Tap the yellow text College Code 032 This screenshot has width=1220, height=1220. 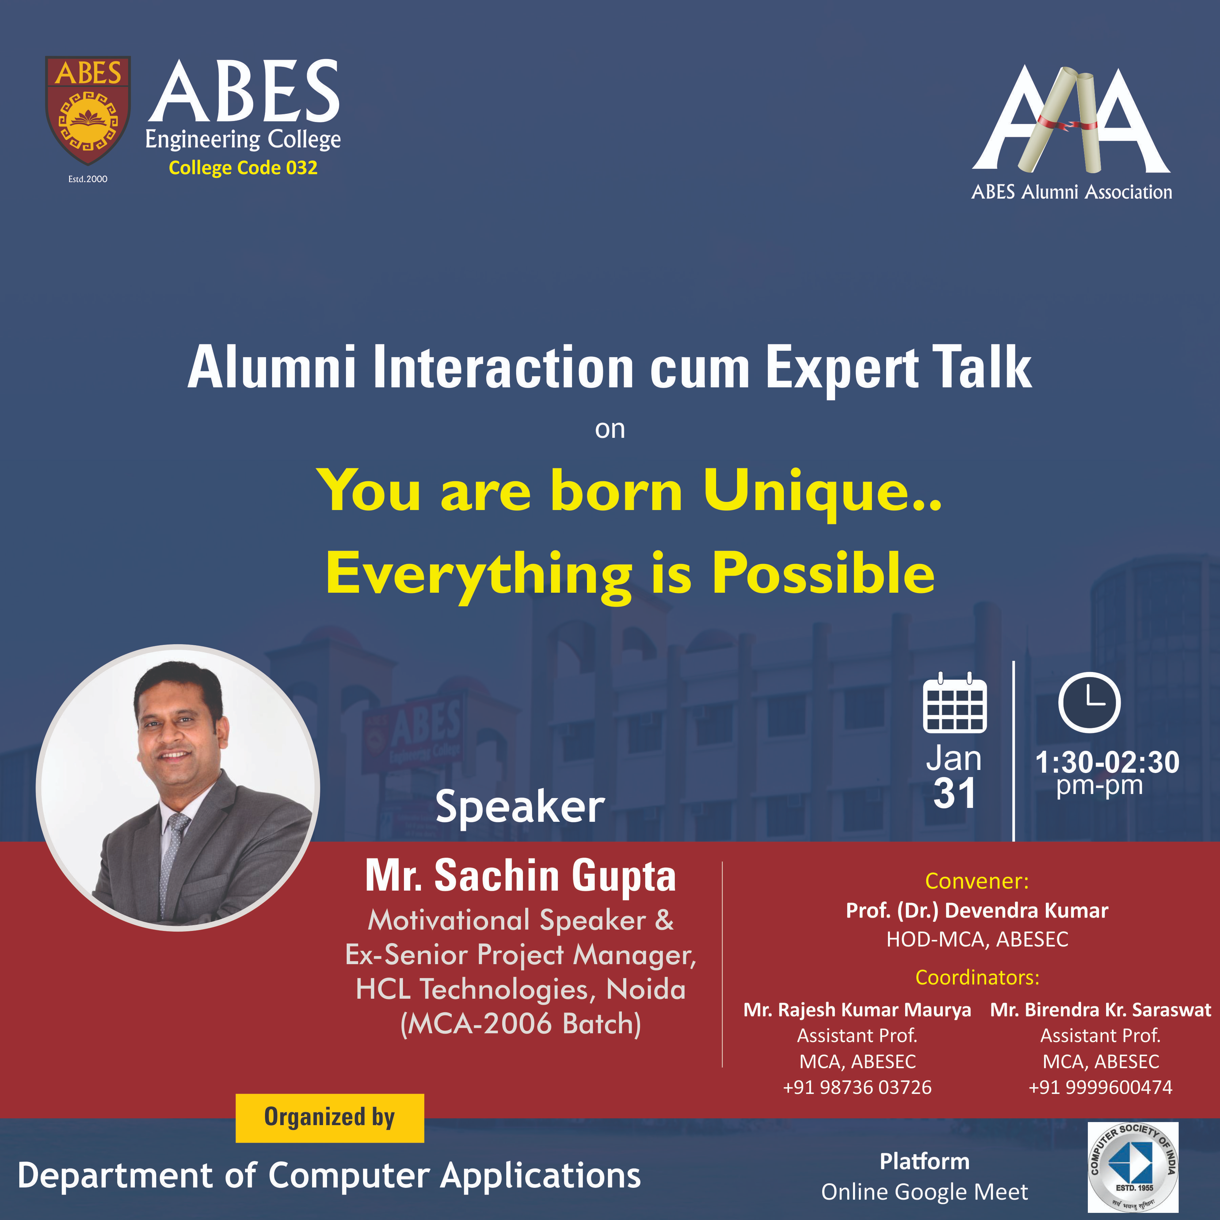243,168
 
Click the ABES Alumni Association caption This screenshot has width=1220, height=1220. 1072,192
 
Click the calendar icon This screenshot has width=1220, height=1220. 955,703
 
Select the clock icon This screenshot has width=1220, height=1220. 1089,703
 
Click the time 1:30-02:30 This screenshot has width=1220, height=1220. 1107,762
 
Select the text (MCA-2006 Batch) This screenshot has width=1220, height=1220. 520,1023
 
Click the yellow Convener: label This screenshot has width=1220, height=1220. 977,881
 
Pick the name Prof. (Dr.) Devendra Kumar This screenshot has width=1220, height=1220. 977,911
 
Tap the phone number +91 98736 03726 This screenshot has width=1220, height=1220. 857,1087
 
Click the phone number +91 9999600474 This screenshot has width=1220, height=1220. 1100,1087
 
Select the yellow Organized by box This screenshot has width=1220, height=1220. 330,1118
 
